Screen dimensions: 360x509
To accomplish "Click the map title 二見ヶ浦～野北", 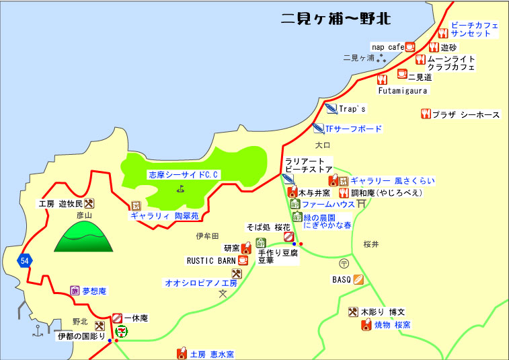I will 336,19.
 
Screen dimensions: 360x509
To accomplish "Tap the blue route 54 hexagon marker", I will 25,260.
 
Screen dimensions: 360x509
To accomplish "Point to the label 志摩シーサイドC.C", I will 184,175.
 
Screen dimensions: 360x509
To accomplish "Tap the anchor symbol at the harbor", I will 38,331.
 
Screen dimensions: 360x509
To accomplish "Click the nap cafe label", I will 387,47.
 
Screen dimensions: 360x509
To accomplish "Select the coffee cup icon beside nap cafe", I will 410,47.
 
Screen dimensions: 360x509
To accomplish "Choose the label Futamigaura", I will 402,90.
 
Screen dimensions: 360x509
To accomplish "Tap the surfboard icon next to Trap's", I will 331,108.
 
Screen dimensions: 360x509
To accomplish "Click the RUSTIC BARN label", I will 210,260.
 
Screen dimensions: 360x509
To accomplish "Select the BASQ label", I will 342,279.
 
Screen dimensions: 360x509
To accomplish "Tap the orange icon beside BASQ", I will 358,279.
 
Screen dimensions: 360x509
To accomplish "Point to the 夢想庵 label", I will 93,291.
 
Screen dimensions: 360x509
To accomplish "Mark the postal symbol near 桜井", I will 344,263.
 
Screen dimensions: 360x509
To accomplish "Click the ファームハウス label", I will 328,204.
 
